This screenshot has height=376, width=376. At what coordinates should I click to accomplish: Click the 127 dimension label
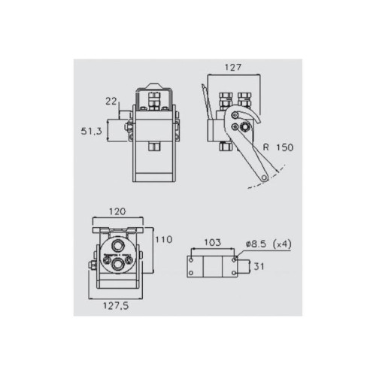(x=233, y=68)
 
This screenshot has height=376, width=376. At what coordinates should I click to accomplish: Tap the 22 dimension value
(x=111, y=102)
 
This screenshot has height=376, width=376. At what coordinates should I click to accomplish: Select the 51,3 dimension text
(x=92, y=131)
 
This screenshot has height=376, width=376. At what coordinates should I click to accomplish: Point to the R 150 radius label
(x=278, y=147)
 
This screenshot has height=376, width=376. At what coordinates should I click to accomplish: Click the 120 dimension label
(x=117, y=211)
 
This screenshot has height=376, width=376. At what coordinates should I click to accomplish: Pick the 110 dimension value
(x=164, y=240)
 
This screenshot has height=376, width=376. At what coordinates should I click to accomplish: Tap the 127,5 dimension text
(x=116, y=306)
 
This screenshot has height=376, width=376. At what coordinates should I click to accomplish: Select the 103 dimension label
(x=213, y=243)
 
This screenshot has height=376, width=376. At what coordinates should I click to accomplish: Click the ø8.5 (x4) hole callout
(x=268, y=244)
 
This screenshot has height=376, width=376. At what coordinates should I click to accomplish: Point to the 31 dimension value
(x=259, y=266)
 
